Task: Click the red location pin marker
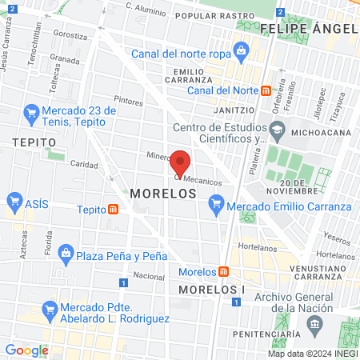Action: (x=181, y=163)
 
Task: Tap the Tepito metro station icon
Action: (x=114, y=210)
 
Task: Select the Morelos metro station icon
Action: (x=224, y=271)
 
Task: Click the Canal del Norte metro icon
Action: (x=276, y=90)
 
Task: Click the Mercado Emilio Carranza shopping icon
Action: (x=214, y=206)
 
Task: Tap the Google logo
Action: (x=26, y=350)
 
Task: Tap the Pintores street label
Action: (x=128, y=102)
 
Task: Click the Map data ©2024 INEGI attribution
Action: (x=312, y=353)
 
